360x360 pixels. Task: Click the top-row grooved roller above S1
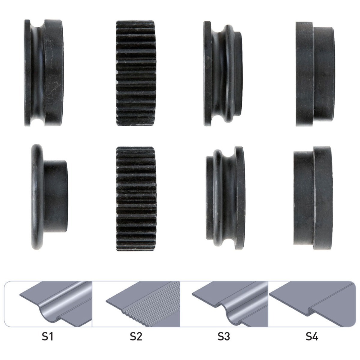pyautogui.click(x=44, y=73)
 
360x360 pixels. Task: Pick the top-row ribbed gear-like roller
pyautogui.click(x=136, y=73)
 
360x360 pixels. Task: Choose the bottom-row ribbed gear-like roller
pyautogui.click(x=136, y=199)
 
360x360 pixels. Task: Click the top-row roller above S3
pyautogui.click(x=223, y=73)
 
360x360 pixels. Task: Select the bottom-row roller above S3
pyautogui.click(x=225, y=198)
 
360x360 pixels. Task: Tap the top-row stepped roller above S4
pyautogui.click(x=315, y=74)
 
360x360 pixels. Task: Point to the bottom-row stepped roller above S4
pyautogui.click(x=313, y=198)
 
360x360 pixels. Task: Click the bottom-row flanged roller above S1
pyautogui.click(x=49, y=197)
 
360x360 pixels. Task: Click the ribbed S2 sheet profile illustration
pyautogui.click(x=143, y=305)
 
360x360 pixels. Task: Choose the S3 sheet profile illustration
pyautogui.click(x=230, y=304)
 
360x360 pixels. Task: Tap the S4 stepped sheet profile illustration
pyautogui.click(x=312, y=304)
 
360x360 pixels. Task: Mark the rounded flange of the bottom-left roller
pyautogui.click(x=37, y=197)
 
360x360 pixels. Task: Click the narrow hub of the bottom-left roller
pyautogui.click(x=56, y=196)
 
